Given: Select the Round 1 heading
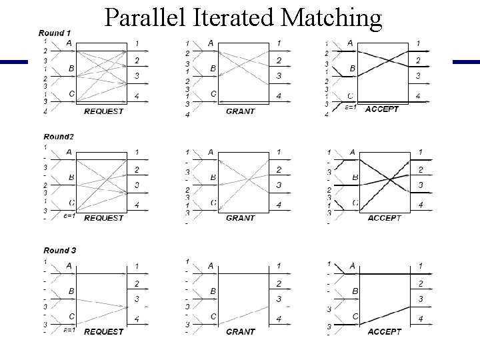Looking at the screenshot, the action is (x=55, y=33).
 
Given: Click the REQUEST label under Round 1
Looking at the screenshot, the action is (x=103, y=111).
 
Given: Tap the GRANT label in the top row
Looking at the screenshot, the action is (x=241, y=111).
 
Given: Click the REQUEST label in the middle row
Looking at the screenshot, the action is (x=103, y=217).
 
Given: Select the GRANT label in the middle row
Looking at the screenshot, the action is (x=241, y=217).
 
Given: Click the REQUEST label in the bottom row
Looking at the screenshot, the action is (x=103, y=331).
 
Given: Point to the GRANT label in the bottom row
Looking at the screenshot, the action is (x=241, y=331).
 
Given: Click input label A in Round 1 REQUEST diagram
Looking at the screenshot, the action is (x=69, y=43).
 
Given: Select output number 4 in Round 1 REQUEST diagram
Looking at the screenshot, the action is (x=137, y=97).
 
